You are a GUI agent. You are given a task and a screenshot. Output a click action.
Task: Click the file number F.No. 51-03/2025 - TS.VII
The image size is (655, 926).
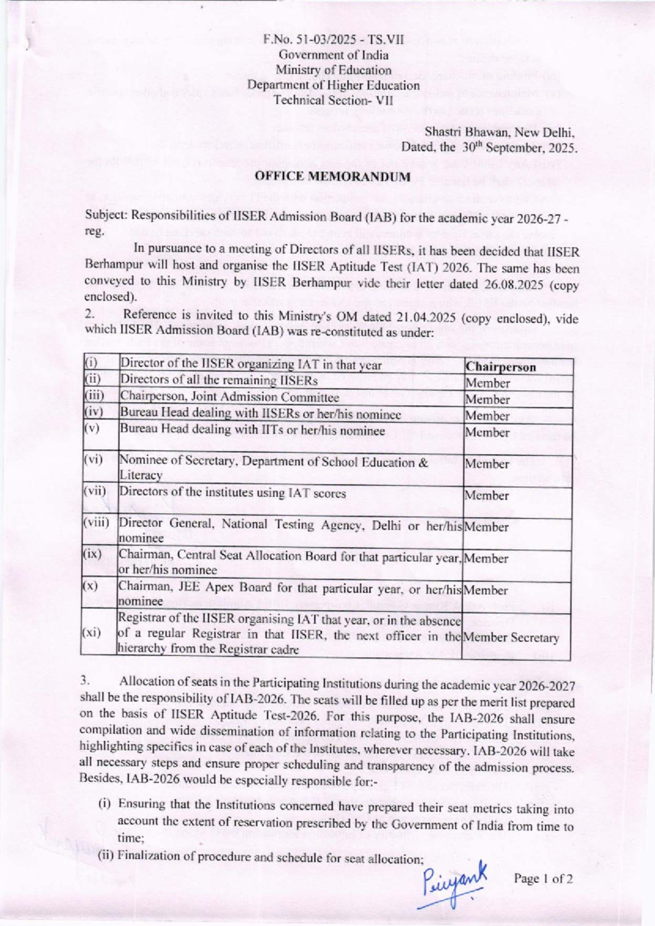pos(333,40)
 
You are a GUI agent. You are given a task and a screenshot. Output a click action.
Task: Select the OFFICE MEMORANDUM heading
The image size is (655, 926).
pos(333,177)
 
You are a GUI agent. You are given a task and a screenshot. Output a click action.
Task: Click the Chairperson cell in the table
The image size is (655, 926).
pos(501,367)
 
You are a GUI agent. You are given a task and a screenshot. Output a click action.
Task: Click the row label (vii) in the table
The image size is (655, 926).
pos(95,490)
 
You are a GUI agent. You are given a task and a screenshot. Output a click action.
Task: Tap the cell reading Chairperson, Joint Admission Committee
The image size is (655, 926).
pos(229,397)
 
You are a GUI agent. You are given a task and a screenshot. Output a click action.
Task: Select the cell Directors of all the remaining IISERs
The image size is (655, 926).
pos(218,380)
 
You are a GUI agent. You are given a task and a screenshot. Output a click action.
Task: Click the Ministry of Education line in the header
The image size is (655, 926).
pos(333,70)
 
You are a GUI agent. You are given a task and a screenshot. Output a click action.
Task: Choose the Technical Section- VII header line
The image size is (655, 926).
pos(333,100)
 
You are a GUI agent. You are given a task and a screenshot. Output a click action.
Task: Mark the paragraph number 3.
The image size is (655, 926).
pos(85,680)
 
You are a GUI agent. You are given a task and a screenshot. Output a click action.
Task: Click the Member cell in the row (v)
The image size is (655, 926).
pos(487,432)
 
